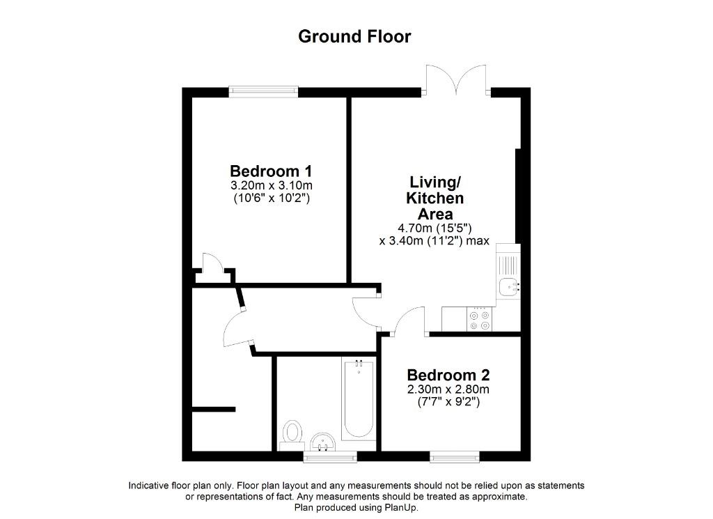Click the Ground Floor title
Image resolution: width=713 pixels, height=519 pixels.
[354, 36]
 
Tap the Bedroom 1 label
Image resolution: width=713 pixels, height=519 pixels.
[271, 171]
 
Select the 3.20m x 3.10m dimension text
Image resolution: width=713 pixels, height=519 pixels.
[272, 185]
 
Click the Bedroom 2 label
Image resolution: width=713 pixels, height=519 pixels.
[448, 375]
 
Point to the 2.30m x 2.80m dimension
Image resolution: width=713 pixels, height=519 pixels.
[448, 389]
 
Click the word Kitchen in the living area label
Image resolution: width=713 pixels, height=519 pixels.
[434, 198]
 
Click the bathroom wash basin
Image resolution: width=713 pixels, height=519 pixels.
[323, 442]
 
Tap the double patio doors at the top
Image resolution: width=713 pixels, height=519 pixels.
[456, 81]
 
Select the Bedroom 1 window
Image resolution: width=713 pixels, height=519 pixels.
[264, 91]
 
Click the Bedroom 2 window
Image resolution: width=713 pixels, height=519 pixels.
[454, 456]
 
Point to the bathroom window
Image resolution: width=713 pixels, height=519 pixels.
[330, 457]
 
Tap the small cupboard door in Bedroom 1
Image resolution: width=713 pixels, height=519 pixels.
[212, 263]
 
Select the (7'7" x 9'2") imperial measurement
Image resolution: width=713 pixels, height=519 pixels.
[448, 402]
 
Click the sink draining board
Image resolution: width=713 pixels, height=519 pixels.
[508, 265]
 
